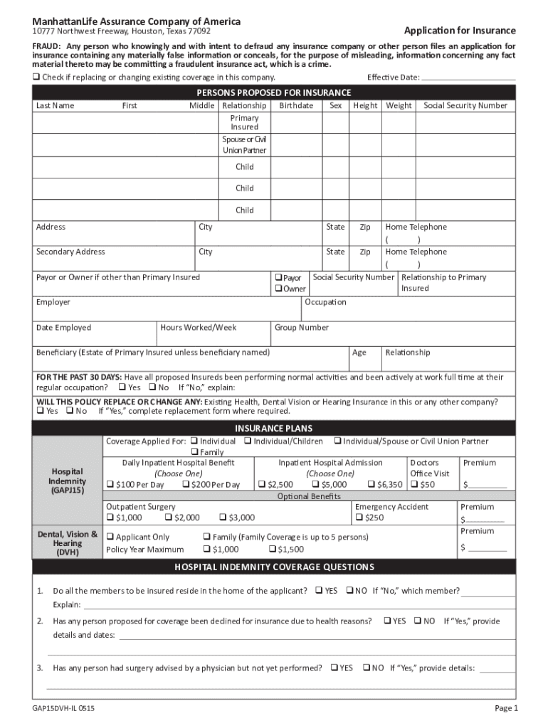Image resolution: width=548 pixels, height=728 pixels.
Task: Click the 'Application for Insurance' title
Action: (460, 31)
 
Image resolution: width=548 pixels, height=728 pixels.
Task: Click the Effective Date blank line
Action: (468, 77)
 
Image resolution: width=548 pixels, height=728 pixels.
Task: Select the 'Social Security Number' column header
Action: (465, 105)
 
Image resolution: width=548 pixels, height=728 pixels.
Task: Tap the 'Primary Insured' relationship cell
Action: (244, 122)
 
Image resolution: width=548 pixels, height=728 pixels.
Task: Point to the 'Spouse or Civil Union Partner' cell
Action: (244, 145)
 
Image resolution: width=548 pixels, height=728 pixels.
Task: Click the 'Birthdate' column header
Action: (296, 105)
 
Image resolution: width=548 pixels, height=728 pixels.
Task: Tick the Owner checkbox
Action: (278, 289)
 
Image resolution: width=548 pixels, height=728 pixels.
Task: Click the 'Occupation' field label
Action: (326, 302)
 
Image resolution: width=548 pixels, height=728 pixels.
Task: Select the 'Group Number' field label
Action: (302, 328)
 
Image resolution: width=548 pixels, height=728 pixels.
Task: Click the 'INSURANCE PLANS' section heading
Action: (274, 429)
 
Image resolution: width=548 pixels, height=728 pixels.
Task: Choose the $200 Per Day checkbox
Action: (186, 485)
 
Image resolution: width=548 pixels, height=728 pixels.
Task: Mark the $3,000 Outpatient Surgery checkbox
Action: (223, 518)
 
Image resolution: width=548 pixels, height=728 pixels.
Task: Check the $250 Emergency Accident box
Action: (359, 518)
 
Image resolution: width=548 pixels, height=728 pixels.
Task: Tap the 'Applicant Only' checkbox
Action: (110, 537)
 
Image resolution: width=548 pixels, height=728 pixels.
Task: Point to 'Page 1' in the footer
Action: (506, 709)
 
